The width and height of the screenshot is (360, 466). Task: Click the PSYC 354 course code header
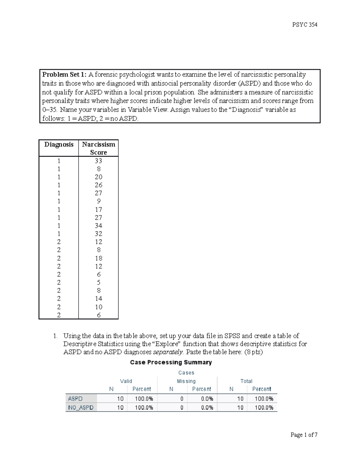(x=304, y=25)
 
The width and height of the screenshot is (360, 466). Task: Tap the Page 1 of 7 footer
(x=304, y=435)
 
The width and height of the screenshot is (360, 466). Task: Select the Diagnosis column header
(x=59, y=144)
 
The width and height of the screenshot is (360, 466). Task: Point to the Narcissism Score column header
(x=98, y=148)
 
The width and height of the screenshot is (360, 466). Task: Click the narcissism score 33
(x=98, y=161)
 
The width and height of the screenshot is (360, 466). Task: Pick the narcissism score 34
(x=98, y=226)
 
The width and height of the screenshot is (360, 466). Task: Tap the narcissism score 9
(x=98, y=201)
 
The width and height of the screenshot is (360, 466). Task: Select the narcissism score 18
(x=98, y=258)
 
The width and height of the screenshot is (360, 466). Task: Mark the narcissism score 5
(x=98, y=283)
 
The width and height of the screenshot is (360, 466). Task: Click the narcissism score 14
(x=98, y=299)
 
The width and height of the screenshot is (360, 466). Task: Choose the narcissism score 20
(x=98, y=177)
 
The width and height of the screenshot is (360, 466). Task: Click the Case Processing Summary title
(x=171, y=362)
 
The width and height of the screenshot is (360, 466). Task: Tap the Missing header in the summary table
(x=186, y=381)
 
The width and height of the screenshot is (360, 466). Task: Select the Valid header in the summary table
(x=126, y=381)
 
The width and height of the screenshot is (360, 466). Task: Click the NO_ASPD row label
(x=81, y=407)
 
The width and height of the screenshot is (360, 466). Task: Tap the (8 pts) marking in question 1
(x=253, y=352)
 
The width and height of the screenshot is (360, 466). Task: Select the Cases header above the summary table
(x=186, y=373)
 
